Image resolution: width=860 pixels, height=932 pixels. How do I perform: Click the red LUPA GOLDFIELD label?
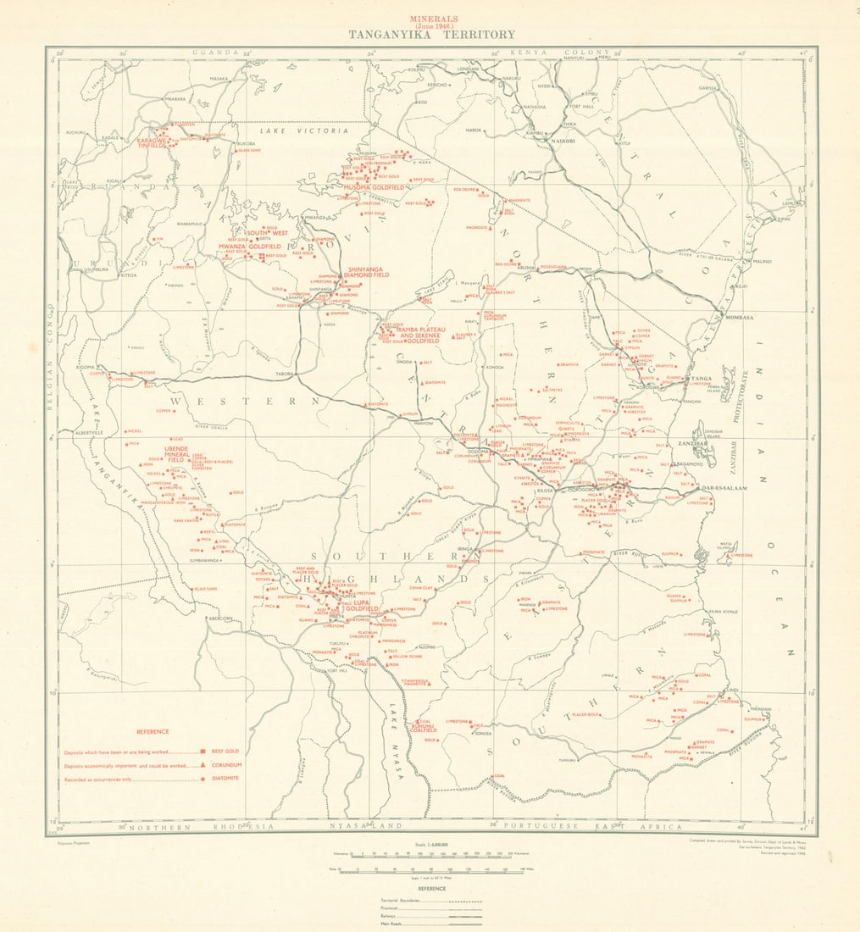(x=356, y=607)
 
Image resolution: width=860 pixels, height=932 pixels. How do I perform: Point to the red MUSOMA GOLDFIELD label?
(x=375, y=186)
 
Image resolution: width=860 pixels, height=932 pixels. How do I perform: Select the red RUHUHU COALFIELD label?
(x=422, y=726)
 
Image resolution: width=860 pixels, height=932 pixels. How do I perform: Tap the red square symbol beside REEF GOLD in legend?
(x=203, y=751)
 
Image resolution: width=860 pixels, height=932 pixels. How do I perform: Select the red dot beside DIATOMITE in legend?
(x=203, y=778)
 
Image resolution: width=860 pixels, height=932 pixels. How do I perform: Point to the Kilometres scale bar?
(x=424, y=854)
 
